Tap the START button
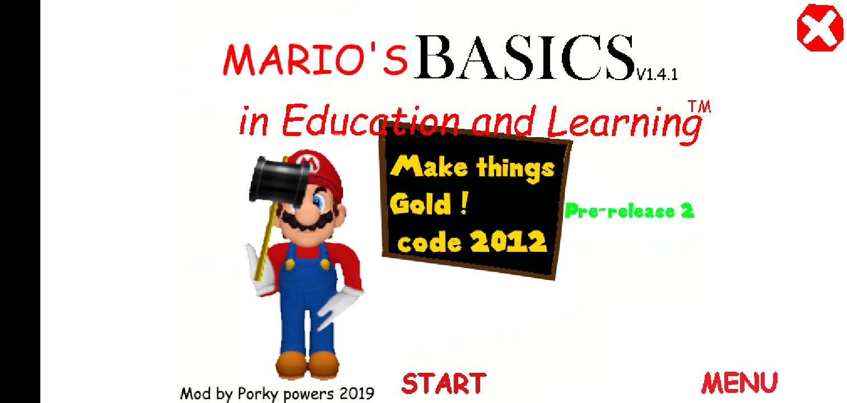(x=444, y=383)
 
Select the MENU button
(x=739, y=382)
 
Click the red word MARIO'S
(x=315, y=60)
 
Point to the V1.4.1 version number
(x=657, y=74)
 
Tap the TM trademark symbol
(x=699, y=106)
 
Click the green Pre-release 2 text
(x=629, y=211)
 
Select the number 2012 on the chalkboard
(x=509, y=241)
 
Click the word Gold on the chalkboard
(x=420, y=204)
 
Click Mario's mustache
(x=308, y=222)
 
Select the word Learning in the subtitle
(x=624, y=124)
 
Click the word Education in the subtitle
(x=371, y=120)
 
